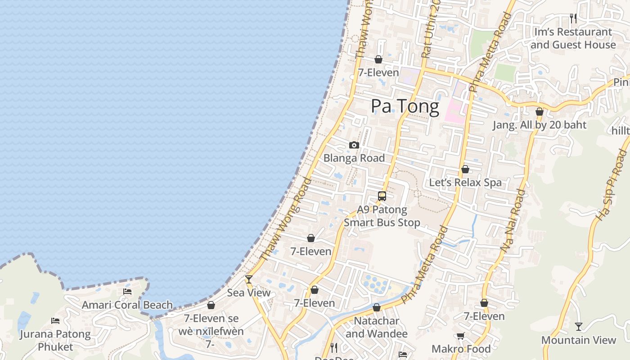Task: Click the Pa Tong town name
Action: pyautogui.click(x=405, y=107)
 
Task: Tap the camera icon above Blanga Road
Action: pyautogui.click(x=354, y=145)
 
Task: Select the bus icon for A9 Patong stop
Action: pyautogui.click(x=382, y=196)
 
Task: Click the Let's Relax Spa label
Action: pyautogui.click(x=465, y=183)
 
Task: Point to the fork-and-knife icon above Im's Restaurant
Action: pyautogui.click(x=573, y=18)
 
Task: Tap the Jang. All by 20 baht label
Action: pyautogui.click(x=539, y=125)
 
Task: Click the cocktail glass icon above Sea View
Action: pyautogui.click(x=248, y=279)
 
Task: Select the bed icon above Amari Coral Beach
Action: pyautogui.click(x=127, y=292)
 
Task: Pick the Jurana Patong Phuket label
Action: pyautogui.click(x=55, y=341)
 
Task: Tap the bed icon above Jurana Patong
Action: pyautogui.click(x=55, y=321)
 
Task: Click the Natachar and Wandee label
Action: pyautogui.click(x=377, y=327)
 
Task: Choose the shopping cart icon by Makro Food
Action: pyautogui.click(x=460, y=336)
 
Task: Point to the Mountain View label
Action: pyautogui.click(x=578, y=340)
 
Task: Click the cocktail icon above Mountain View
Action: pyautogui.click(x=579, y=327)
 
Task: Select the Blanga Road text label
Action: pyautogui.click(x=354, y=158)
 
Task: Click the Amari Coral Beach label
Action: pyautogui.click(x=127, y=305)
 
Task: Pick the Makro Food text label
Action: pyautogui.click(x=461, y=349)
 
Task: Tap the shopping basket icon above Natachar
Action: pyautogui.click(x=377, y=308)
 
